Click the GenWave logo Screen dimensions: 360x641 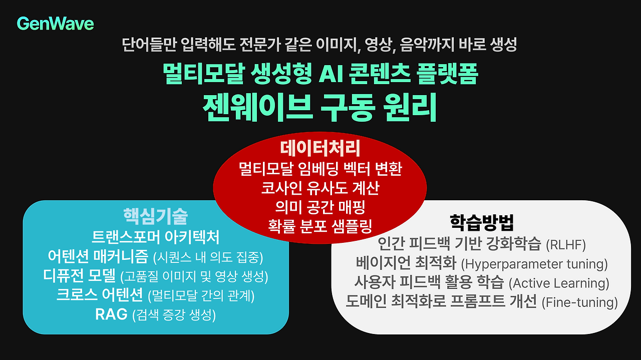[x=55, y=23]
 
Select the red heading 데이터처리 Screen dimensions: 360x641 [x=320, y=148]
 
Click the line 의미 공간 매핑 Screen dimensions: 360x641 [x=320, y=207]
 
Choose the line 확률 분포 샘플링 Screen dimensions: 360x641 [x=320, y=226]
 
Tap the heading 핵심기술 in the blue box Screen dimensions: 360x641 [x=156, y=216]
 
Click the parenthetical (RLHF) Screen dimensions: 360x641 [x=565, y=245]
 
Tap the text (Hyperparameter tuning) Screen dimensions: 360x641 [x=534, y=264]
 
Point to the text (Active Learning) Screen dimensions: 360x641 [x=559, y=283]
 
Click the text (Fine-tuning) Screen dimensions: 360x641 [x=580, y=302]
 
